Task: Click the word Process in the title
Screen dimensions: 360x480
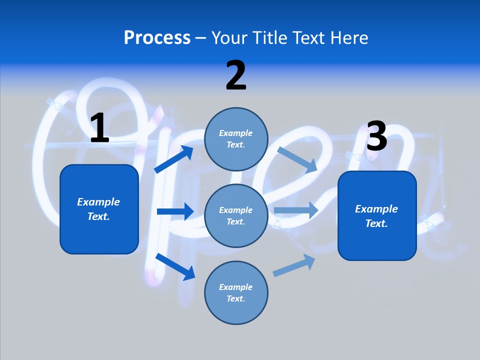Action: coord(157,37)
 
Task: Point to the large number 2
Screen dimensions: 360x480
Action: coord(236,75)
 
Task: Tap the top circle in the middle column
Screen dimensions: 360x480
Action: coord(236,139)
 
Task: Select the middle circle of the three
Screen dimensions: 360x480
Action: coord(236,215)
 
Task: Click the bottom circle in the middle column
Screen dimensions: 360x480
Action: coord(236,292)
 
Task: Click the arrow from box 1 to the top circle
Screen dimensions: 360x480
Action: coord(173,159)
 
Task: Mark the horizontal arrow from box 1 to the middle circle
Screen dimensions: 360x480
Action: coord(175,211)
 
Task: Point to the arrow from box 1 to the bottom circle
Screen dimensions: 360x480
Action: coord(175,266)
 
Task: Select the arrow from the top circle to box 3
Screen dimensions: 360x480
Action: coord(297,159)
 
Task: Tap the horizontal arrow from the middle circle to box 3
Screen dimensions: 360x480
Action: coord(296,210)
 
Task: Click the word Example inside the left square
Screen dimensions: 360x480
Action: coord(98,202)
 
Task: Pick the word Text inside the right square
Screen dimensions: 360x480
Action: coord(376,223)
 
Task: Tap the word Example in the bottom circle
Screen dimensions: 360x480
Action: coord(236,287)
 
